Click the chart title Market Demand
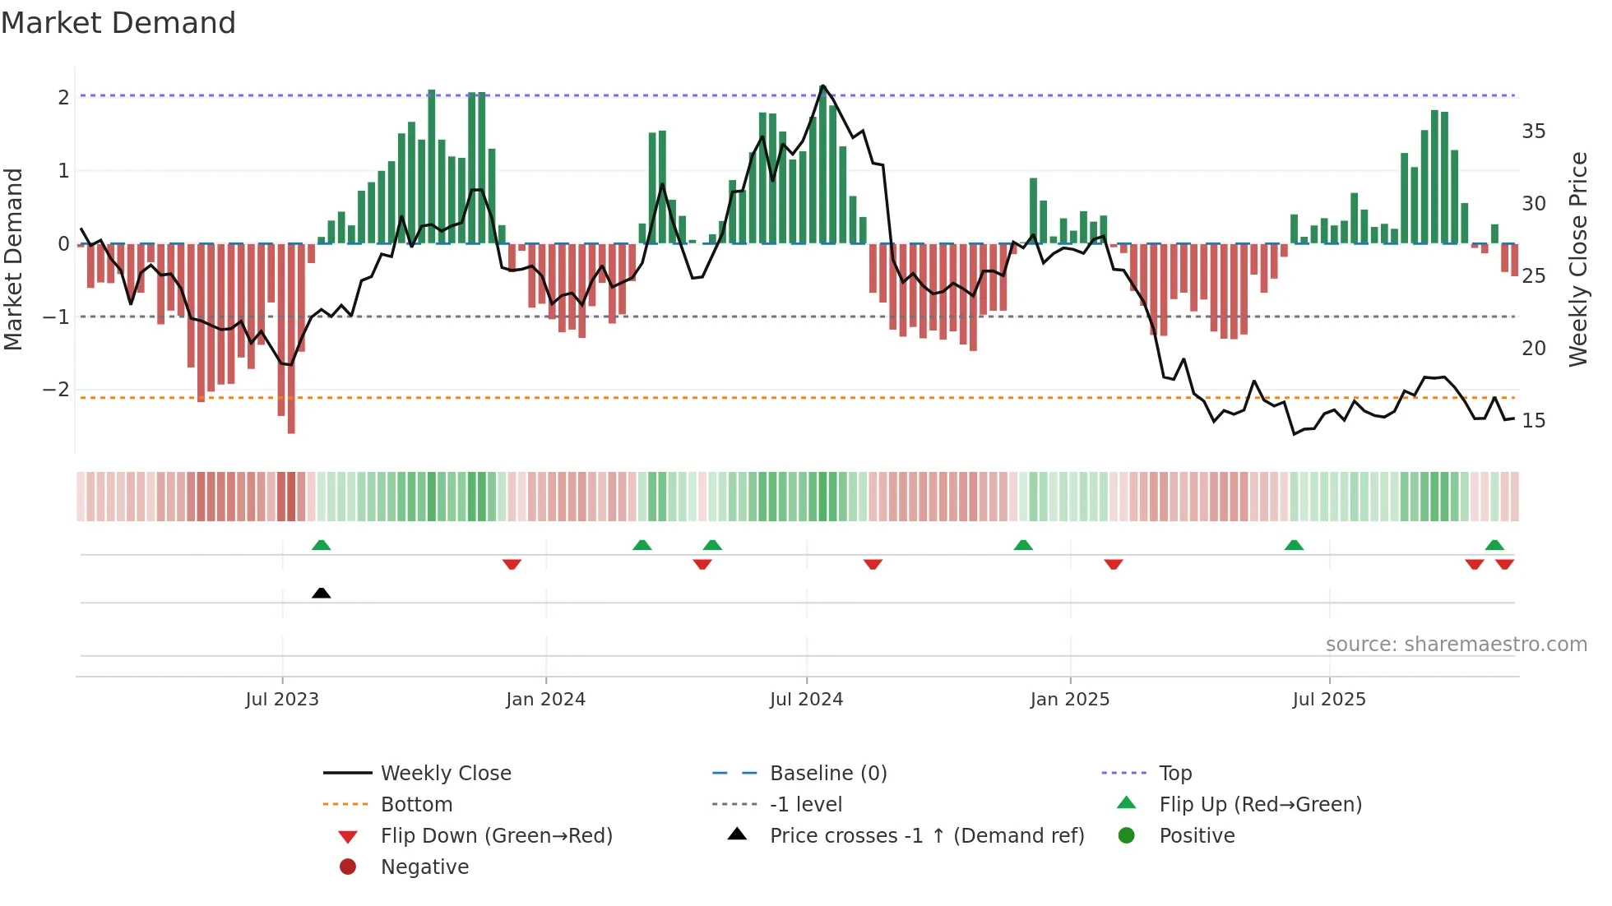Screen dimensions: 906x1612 [118, 23]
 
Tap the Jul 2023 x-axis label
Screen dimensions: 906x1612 [282, 700]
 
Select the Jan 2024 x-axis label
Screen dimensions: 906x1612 [545, 700]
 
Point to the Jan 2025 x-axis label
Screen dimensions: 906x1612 [1069, 700]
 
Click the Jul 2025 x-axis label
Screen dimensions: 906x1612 [1328, 700]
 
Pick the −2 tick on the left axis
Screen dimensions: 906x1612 [56, 390]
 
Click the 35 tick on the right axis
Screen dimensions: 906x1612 [1533, 132]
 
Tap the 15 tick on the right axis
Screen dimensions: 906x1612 [1533, 421]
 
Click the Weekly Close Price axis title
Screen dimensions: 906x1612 [1577, 259]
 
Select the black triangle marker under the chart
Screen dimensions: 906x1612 [322, 594]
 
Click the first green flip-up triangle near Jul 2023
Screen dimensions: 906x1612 [322, 545]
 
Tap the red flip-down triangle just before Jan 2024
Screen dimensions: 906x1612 [512, 564]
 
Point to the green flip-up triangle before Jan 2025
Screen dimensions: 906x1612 [1023, 545]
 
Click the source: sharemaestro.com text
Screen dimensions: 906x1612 [1456, 645]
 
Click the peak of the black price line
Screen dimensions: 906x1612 [822, 86]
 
